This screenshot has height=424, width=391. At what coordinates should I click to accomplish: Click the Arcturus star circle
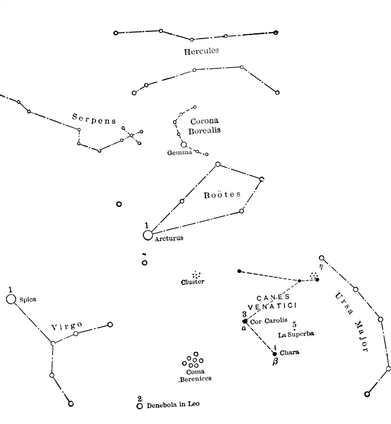click(148, 235)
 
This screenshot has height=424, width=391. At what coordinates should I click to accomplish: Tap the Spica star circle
click(11, 299)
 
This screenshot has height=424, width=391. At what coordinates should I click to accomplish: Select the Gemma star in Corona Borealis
click(184, 144)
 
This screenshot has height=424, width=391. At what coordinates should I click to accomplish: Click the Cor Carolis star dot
click(245, 321)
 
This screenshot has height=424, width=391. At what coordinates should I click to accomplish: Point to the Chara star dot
click(275, 354)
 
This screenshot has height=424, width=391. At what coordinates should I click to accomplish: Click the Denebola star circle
click(140, 406)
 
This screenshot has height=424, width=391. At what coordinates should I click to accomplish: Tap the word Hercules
click(202, 51)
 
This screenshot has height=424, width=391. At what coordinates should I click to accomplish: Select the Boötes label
click(222, 195)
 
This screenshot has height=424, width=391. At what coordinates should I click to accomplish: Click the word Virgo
click(66, 326)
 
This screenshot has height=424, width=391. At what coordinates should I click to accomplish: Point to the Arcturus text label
click(169, 238)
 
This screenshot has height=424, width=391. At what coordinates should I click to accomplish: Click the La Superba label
click(296, 335)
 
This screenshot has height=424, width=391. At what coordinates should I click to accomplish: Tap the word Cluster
click(193, 282)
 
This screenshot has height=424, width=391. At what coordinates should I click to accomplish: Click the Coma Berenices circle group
click(193, 360)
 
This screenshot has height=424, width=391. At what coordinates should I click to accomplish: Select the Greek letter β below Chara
click(276, 363)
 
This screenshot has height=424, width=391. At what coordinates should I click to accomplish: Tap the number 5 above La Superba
click(294, 325)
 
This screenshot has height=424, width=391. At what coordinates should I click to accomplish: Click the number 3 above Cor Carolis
click(244, 314)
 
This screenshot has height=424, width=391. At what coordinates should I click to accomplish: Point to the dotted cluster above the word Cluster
click(197, 275)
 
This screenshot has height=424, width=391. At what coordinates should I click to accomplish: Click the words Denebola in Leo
click(173, 405)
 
